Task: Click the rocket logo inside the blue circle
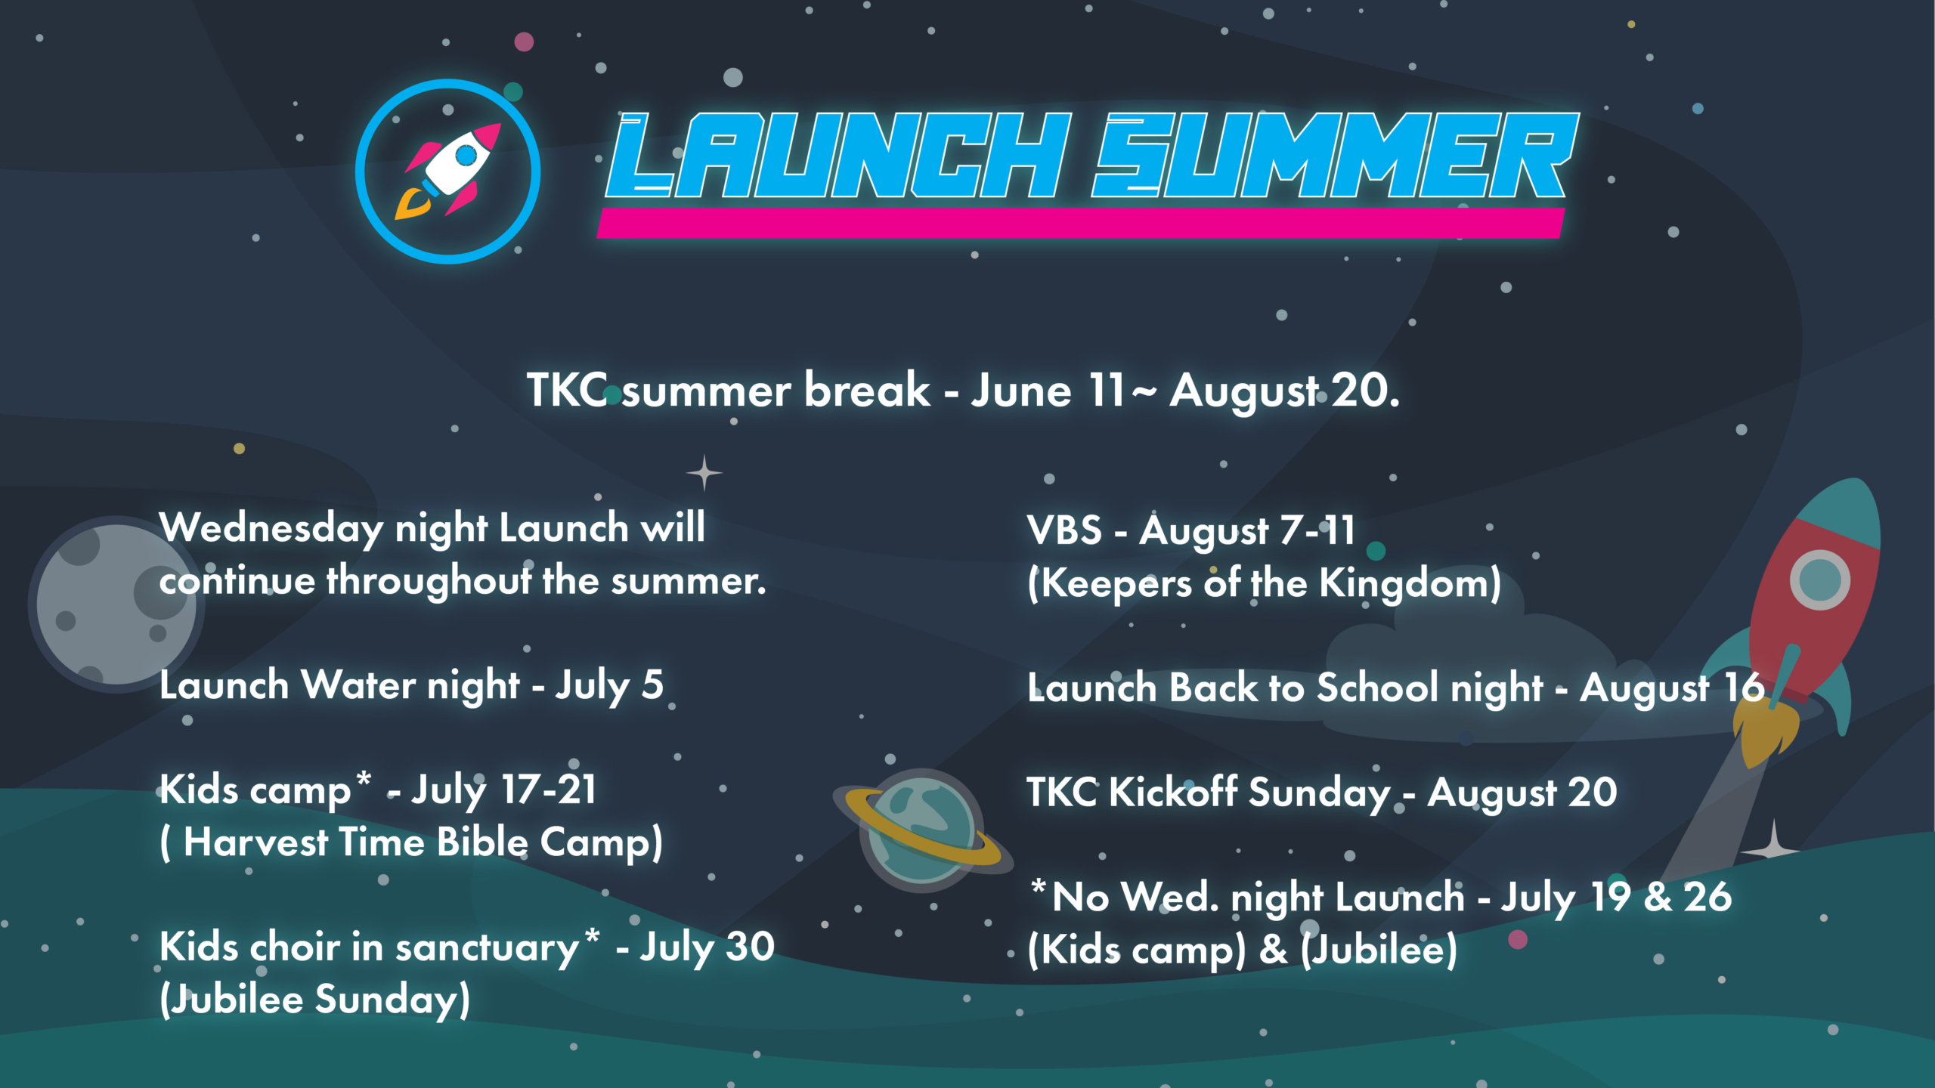(449, 171)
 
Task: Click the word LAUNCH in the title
(839, 155)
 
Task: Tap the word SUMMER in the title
(1334, 155)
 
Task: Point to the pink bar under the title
(1081, 224)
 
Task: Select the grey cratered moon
(113, 604)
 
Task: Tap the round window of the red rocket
(1819, 580)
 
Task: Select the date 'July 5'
(609, 685)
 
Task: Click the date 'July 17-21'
(503, 790)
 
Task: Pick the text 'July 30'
(707, 947)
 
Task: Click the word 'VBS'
(1064, 530)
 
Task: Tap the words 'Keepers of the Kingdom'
(1264, 584)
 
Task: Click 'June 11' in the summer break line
(1047, 391)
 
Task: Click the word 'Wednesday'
(272, 527)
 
